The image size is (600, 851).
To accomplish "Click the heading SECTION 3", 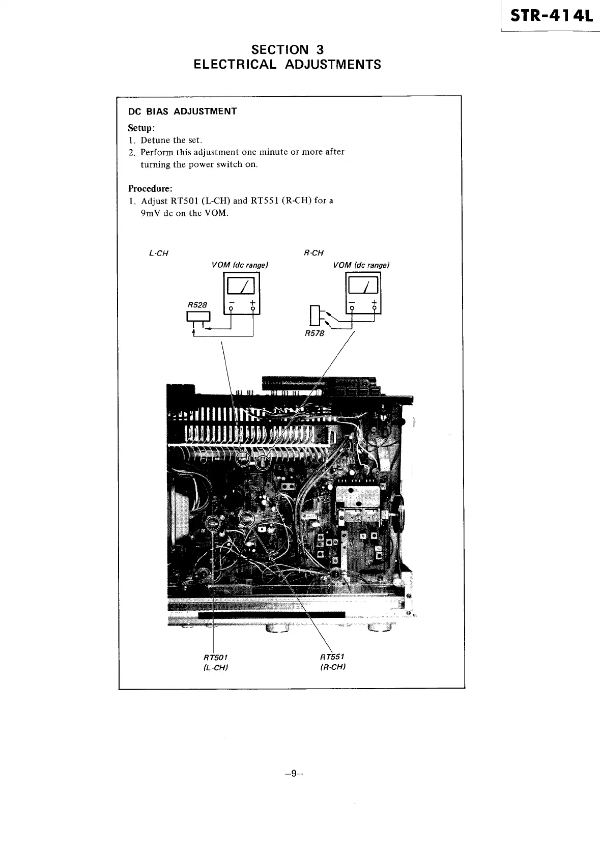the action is [x=288, y=49].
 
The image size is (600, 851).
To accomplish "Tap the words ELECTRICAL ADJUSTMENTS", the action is [x=288, y=65].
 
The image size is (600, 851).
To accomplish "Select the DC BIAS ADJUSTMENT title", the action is [x=182, y=111].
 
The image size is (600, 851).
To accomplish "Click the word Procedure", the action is [x=150, y=188].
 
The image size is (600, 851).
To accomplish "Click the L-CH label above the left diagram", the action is [x=158, y=253].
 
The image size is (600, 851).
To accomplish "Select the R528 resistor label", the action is [x=197, y=304].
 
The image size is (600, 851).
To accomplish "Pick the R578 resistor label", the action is [x=314, y=334].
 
